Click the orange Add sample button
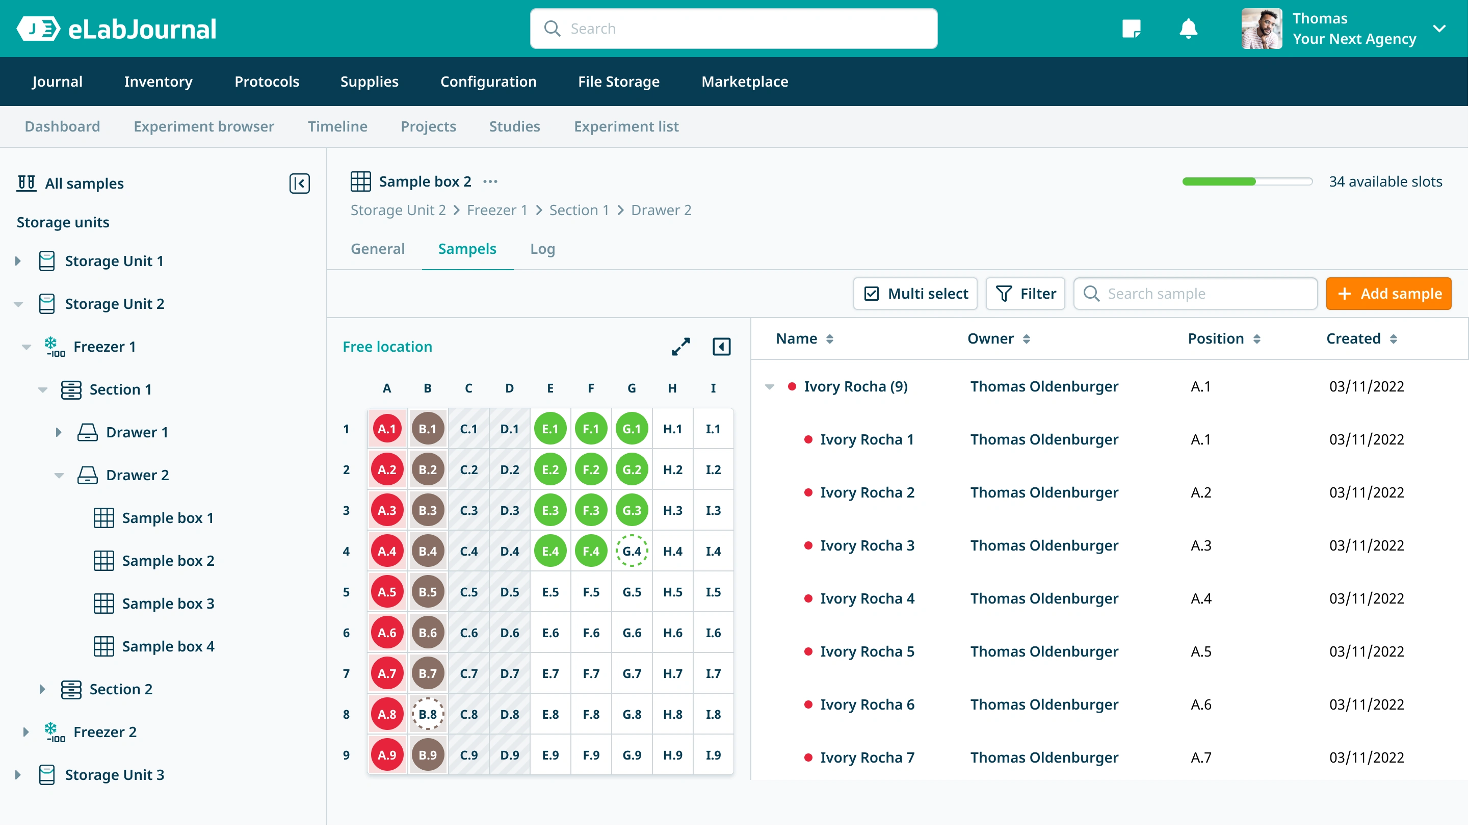tap(1388, 294)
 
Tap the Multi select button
tap(915, 294)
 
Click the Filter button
tap(1025, 294)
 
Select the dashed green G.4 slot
tap(632, 551)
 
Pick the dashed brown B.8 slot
tap(428, 714)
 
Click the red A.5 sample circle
tap(387, 591)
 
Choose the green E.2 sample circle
tap(550, 469)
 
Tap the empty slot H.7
tap(672, 673)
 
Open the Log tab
tap(542, 249)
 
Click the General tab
tap(378, 249)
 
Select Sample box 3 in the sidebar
tap(168, 603)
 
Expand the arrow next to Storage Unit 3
tap(18, 774)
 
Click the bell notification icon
tap(1188, 28)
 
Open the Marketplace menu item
tap(745, 82)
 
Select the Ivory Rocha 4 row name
tap(867, 598)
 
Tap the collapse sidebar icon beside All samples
tap(299, 183)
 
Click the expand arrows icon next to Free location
tap(680, 346)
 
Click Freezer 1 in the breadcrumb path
tap(497, 210)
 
